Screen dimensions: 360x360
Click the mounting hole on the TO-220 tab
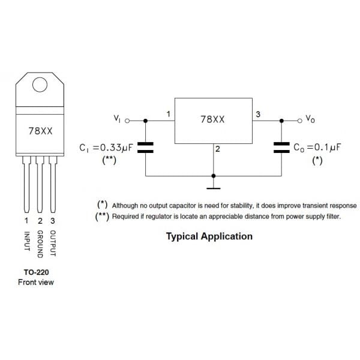pyautogui.click(x=40, y=85)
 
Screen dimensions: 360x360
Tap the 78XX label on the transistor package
pyautogui.click(x=40, y=130)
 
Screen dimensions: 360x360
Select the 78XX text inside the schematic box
pyautogui.click(x=212, y=119)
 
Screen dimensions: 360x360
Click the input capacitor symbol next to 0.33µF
pyautogui.click(x=146, y=148)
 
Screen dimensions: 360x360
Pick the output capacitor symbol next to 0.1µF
pyautogui.click(x=281, y=148)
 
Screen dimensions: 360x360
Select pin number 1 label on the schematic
pyautogui.click(x=169, y=114)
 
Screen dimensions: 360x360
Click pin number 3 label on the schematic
pyautogui.click(x=258, y=114)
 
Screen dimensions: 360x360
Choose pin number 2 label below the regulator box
pyautogui.click(x=217, y=149)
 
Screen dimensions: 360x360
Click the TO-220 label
pyautogui.click(x=35, y=271)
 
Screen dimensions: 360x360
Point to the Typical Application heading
pyautogui.click(x=209, y=236)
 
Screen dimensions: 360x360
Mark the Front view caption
pyautogui.click(x=35, y=282)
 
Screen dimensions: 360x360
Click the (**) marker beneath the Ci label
pyautogui.click(x=109, y=160)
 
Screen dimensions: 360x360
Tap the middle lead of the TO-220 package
pyautogui.click(x=40, y=186)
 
